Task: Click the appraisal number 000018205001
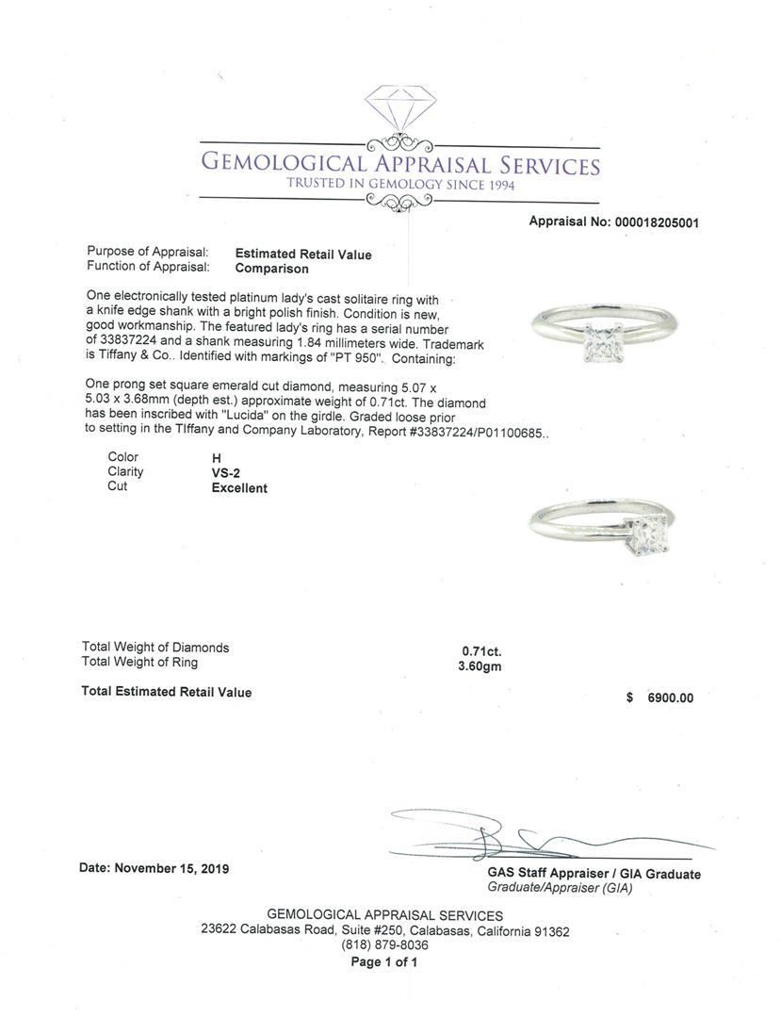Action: [656, 222]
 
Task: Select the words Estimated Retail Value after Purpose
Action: [302, 254]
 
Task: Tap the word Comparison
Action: [272, 269]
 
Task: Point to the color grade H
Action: [217, 458]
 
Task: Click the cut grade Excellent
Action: [239, 488]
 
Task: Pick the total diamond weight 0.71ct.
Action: [481, 650]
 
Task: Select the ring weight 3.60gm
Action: [480, 665]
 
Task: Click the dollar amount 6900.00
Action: [670, 698]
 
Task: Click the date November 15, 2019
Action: [171, 868]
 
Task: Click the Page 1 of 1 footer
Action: [384, 962]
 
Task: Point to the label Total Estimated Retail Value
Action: [167, 692]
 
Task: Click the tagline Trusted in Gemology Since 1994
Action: [400, 185]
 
